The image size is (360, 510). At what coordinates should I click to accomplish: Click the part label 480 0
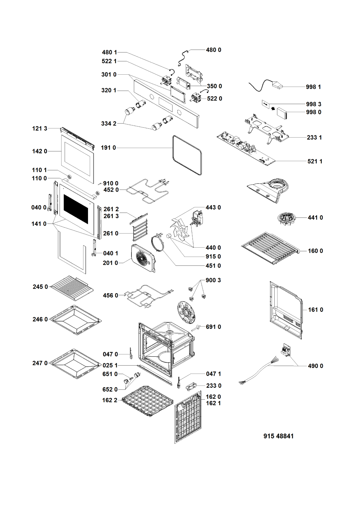coord(213,50)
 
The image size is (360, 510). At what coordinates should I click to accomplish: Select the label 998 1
coord(313,87)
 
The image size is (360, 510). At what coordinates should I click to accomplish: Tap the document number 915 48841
coord(279,436)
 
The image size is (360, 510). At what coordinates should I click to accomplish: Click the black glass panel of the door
coord(76,209)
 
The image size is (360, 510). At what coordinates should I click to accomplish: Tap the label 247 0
coord(40,363)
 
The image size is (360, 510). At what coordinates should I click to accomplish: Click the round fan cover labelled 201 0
coord(143,258)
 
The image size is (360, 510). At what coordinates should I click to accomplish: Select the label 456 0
coord(111,295)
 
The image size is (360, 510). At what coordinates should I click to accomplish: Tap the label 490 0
coord(315,366)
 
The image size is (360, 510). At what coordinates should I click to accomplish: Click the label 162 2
coord(110,400)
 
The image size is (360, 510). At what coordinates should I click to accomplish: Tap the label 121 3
coord(40,128)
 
